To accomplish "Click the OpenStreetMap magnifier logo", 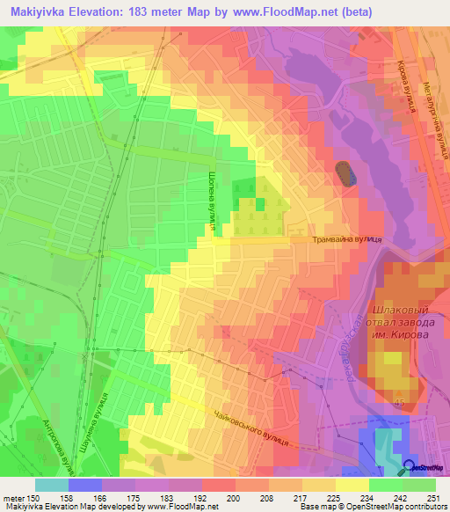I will coord(410,467).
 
